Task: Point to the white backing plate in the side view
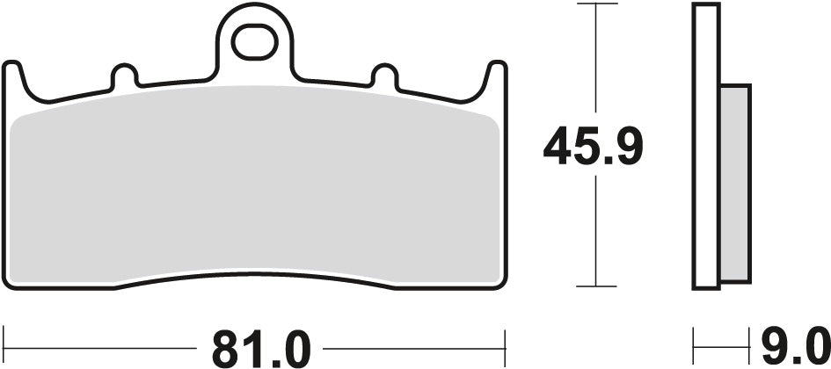(x=705, y=145)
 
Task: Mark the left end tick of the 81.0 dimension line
(x=6, y=339)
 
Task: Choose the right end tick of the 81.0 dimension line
(x=506, y=339)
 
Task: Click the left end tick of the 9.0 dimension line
(x=695, y=339)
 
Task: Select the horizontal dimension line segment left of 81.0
(x=106, y=339)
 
